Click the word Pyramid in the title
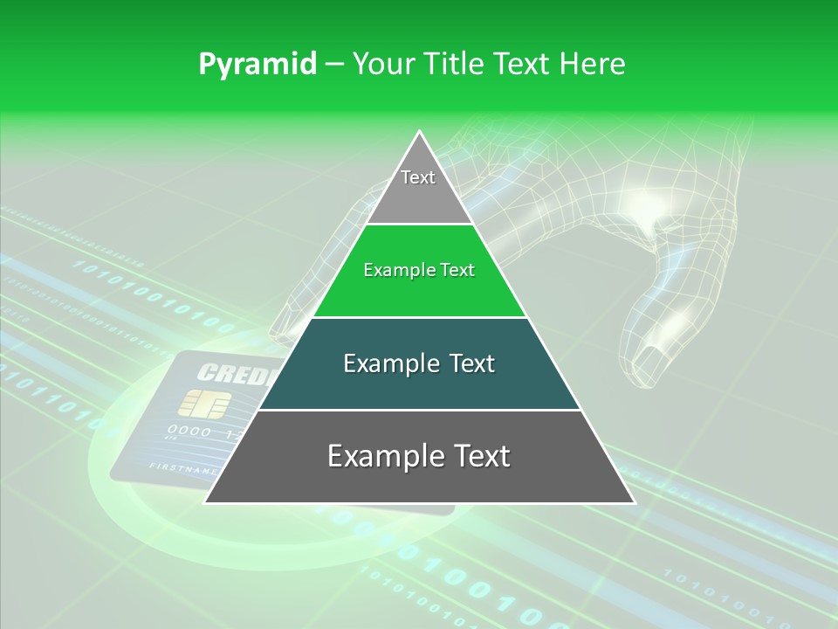coord(258,65)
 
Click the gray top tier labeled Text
coord(419,188)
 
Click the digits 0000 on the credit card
coord(189,432)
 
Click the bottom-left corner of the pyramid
coord(206,502)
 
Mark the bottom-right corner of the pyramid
coord(633,502)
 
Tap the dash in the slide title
coord(334,65)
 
